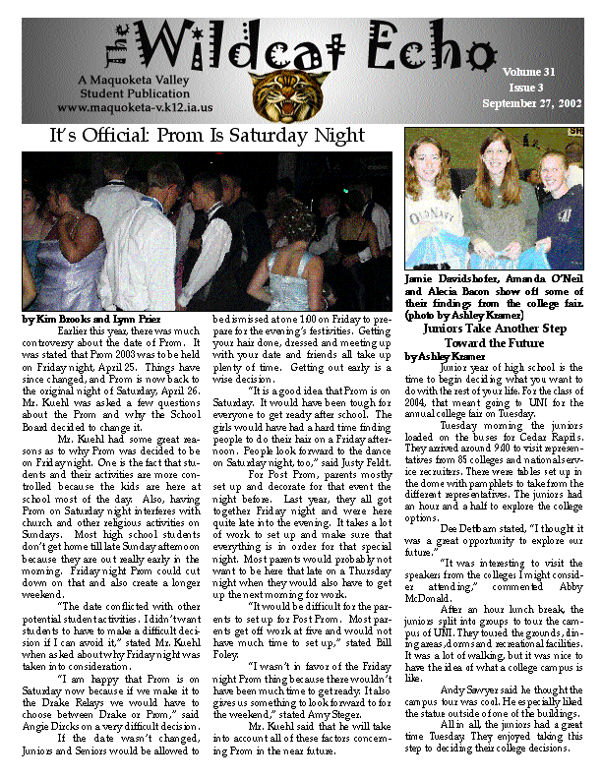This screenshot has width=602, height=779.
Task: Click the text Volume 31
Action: point(528,72)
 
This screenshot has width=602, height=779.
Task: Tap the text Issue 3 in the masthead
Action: point(527,88)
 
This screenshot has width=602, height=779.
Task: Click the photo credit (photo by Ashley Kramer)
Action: point(477,315)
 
